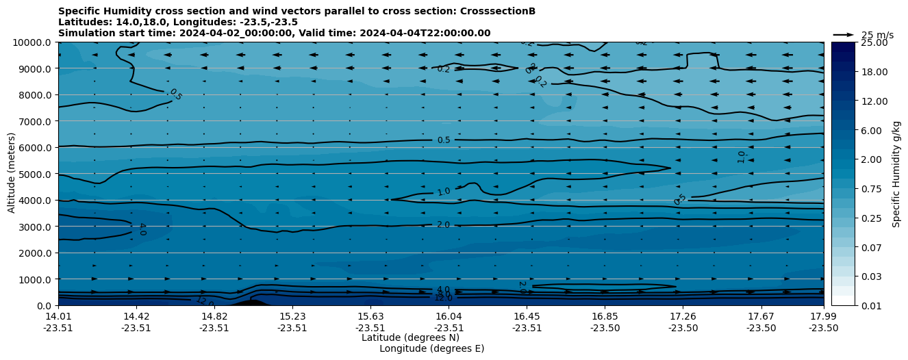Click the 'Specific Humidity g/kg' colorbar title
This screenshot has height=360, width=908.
coord(896,174)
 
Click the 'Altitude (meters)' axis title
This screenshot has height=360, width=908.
coord(12,174)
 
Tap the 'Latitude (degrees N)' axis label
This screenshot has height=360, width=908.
coord(410,337)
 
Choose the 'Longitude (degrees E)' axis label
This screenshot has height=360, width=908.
coord(431,348)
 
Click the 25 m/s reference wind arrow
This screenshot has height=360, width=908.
coord(843,35)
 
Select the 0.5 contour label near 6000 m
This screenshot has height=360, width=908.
coord(444,140)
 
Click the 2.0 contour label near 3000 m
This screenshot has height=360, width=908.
coord(443,224)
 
